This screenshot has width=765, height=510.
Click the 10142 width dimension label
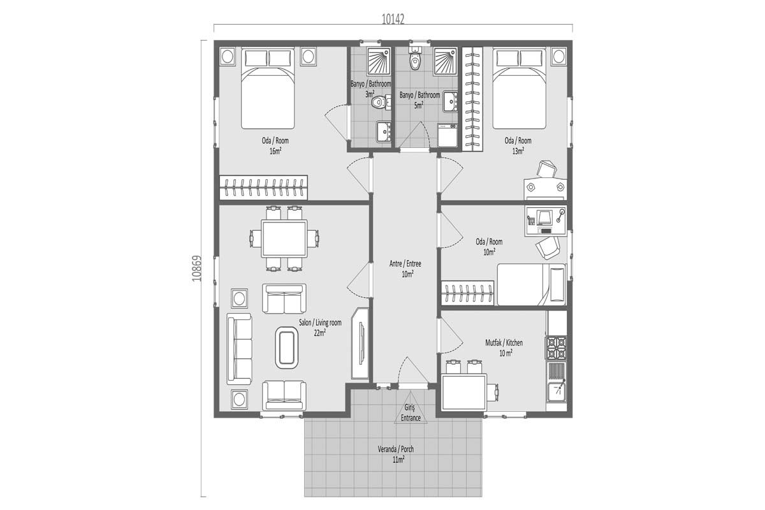393,19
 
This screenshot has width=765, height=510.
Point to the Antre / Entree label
405,268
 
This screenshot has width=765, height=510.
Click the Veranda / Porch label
395,453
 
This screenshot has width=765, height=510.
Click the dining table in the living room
284,238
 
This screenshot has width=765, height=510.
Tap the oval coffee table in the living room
287,347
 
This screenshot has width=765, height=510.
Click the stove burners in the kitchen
556,347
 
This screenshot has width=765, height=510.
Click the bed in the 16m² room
268,96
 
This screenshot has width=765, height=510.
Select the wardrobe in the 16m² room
263,187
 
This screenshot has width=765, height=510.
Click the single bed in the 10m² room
530,284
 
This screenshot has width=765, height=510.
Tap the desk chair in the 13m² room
546,168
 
